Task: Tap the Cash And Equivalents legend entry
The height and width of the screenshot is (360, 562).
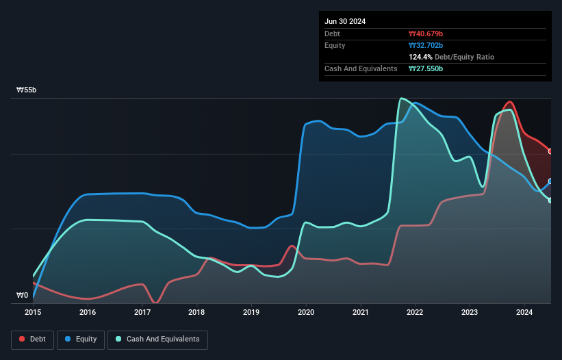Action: (x=157, y=339)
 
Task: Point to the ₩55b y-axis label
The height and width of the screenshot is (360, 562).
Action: (x=27, y=90)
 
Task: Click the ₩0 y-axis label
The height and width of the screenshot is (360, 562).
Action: (x=23, y=296)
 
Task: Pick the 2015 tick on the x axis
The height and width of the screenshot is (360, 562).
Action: (x=33, y=312)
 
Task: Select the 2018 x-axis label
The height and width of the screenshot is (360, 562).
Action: (x=196, y=312)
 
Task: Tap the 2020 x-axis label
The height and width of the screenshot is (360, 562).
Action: (x=306, y=312)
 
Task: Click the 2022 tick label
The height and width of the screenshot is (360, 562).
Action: (x=415, y=312)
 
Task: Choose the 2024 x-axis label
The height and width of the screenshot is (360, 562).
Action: (x=524, y=312)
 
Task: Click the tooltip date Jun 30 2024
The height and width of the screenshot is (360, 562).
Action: (x=345, y=21)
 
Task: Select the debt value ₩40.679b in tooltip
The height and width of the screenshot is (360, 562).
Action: (x=426, y=34)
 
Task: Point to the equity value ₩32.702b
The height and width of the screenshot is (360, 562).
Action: (x=426, y=45)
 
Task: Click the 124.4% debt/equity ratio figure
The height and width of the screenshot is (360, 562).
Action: (x=421, y=57)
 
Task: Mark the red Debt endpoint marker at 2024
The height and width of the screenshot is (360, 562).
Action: (x=551, y=151)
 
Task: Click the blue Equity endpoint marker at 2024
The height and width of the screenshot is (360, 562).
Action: (x=551, y=181)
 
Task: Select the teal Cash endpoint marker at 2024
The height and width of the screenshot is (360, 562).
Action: (x=551, y=200)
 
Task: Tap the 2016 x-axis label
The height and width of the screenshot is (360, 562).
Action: (x=88, y=312)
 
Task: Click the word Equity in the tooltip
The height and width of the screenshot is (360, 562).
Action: (x=335, y=45)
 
